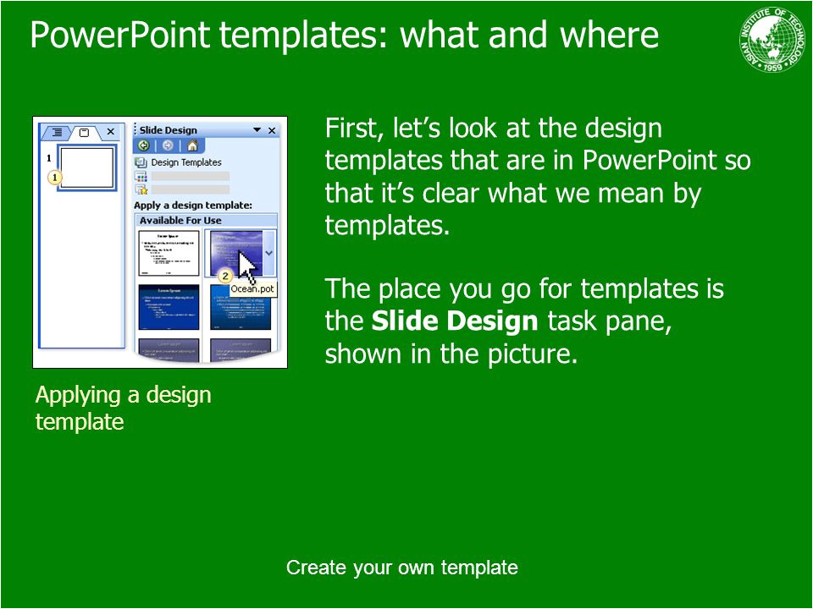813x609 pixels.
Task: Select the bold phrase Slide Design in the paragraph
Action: coord(455,321)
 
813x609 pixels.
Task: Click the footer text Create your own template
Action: coord(401,567)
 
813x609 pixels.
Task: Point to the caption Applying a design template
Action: coord(123,408)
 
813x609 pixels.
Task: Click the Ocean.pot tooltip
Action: coord(252,289)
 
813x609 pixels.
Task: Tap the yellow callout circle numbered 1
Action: coord(54,178)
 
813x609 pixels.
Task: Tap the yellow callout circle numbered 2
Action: coord(225,276)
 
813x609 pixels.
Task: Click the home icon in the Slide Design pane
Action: coord(192,145)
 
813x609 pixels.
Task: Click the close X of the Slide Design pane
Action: coord(272,130)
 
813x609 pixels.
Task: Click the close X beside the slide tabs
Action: coord(110,132)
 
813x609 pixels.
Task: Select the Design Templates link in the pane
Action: coord(185,162)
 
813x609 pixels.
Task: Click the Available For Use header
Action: coord(180,220)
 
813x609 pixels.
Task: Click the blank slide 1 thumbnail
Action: coord(86,167)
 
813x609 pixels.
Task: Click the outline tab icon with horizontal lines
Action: coord(57,132)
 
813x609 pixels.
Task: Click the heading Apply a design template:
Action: coord(193,205)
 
